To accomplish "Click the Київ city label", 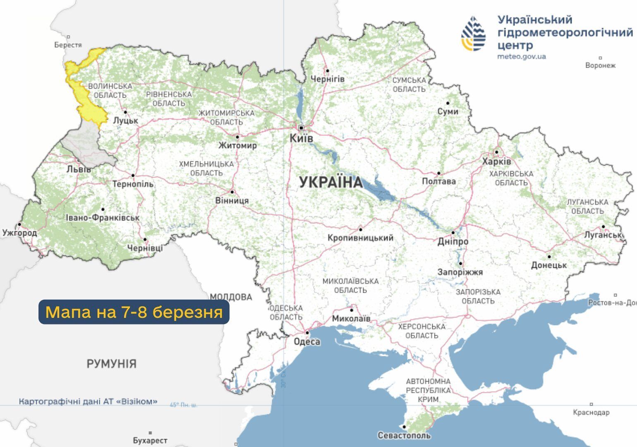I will (x=301, y=138).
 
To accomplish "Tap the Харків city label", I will (x=496, y=161).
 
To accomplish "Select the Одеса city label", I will (x=307, y=341).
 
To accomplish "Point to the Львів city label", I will (x=79, y=169).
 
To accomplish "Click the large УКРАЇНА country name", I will (x=330, y=182).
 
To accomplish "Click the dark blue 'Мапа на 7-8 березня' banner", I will (x=134, y=312).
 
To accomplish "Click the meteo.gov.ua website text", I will (x=521, y=56).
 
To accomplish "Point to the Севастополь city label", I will (x=404, y=435).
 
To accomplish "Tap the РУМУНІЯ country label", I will (x=111, y=364).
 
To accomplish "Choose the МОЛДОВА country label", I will (x=231, y=297).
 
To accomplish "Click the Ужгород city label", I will (x=19, y=233).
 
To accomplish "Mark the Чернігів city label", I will (x=327, y=79).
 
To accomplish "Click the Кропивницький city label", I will (x=360, y=238).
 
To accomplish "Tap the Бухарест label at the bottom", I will (x=150, y=441).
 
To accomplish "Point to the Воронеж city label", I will (x=600, y=65).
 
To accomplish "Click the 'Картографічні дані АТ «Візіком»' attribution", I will (x=88, y=401).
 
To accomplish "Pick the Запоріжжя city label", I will (x=460, y=272).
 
